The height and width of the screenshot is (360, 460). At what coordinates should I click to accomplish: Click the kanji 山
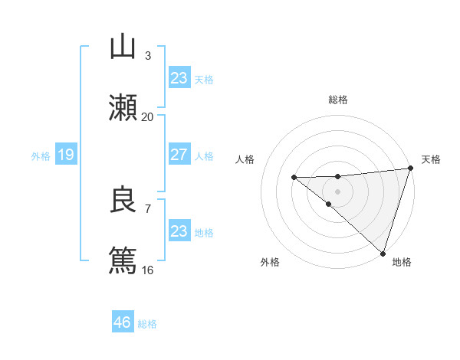point(123,47)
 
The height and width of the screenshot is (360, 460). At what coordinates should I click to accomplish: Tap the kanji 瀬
point(123,108)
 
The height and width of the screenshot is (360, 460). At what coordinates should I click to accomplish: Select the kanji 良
point(123,200)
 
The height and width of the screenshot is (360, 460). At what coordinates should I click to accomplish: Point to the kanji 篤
point(123,261)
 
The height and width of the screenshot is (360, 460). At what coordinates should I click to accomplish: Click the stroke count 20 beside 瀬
point(148,116)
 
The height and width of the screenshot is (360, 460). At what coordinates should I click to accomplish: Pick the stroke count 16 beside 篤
point(148,270)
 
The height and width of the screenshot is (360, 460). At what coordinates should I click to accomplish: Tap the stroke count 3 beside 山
point(148,55)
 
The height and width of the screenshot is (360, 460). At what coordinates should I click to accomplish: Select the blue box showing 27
point(179,155)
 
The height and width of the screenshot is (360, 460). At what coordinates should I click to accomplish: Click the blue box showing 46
point(122,322)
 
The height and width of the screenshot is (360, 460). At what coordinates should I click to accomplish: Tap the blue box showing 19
point(65,155)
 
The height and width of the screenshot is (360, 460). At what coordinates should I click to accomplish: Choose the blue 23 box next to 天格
point(179,78)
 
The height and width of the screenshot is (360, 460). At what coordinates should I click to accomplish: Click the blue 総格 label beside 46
point(147,324)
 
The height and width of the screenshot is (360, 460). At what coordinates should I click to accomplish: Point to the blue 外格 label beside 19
point(41,156)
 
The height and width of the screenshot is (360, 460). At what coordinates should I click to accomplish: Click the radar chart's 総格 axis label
point(338,100)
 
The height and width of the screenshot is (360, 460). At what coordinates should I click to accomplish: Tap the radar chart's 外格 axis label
point(270,262)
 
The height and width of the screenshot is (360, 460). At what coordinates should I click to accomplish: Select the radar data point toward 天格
point(410,169)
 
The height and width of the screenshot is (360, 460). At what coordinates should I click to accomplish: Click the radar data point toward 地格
point(383,253)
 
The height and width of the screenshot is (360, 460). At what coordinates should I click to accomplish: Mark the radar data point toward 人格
point(294,178)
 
